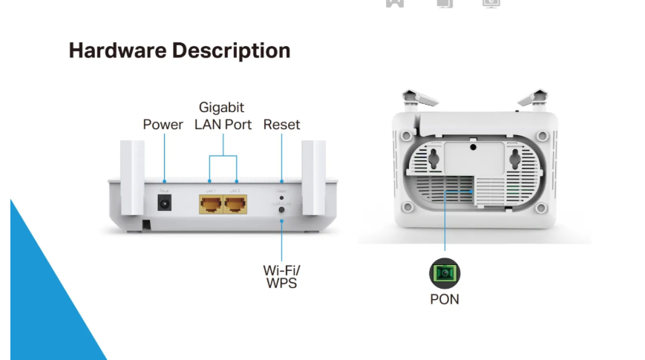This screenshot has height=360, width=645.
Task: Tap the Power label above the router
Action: point(163,125)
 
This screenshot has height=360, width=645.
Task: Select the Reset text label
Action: point(281,125)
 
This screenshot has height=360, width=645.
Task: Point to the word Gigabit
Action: point(221,108)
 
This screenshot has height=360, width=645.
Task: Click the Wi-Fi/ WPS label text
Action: point(281,275)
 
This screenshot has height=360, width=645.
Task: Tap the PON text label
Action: point(445,299)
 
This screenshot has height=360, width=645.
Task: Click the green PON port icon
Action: point(445,273)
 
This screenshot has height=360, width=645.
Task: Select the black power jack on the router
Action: point(164,202)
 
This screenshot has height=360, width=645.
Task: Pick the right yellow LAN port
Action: point(236,203)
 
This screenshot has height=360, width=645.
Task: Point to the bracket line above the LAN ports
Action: point(223,156)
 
